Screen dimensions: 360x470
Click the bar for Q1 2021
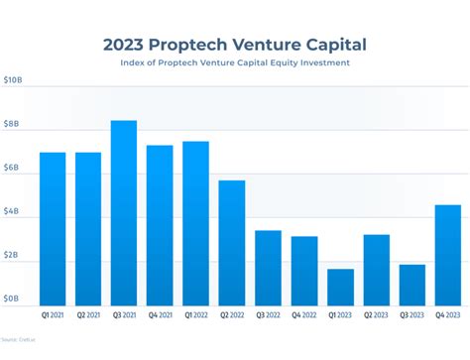[53, 228]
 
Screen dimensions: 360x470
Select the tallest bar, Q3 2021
[124, 212]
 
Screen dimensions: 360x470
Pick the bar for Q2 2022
[232, 242]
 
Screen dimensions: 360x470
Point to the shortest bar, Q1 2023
[340, 287]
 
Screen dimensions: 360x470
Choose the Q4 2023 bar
[448, 254]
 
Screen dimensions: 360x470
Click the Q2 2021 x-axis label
[88, 316]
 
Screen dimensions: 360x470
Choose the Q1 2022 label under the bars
[196, 316]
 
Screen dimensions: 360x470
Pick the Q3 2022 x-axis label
[268, 316]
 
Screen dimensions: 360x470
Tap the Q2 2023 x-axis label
[376, 316]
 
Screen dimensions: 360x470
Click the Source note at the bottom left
[16, 339]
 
